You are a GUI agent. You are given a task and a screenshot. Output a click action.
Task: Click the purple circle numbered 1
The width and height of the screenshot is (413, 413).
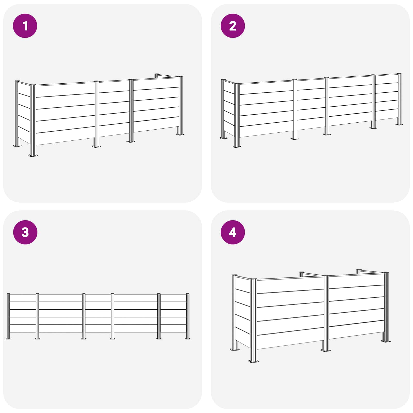(25, 26)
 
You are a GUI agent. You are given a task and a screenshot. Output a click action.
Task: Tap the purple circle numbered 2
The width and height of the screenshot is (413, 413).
(233, 26)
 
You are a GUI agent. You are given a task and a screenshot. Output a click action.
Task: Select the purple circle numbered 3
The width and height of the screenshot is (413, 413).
(25, 232)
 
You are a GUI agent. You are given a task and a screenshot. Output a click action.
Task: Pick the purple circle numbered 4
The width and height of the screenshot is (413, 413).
(233, 232)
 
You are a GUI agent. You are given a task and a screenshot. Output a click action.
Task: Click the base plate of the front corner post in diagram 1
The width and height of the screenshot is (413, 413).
(33, 155)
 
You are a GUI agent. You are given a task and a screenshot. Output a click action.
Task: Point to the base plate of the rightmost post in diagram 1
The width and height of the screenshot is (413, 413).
(180, 134)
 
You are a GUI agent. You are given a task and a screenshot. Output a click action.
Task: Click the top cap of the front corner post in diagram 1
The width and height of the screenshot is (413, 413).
(33, 85)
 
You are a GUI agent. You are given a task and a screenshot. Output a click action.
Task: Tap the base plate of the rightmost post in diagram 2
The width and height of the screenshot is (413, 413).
(399, 124)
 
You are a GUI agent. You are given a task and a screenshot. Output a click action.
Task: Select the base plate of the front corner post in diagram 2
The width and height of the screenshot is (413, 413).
(237, 146)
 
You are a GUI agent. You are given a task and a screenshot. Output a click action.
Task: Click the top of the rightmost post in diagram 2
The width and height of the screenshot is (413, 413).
(399, 74)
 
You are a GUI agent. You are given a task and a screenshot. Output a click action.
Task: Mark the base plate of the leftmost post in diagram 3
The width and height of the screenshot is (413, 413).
(8, 338)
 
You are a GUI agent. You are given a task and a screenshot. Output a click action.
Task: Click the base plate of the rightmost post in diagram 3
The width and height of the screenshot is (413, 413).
(187, 338)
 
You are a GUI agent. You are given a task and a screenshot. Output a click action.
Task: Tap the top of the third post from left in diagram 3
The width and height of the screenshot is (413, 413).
(84, 294)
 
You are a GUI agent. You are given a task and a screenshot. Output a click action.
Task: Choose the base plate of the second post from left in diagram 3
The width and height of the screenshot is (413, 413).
(37, 338)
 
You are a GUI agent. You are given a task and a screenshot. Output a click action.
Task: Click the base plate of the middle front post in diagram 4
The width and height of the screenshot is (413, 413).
(325, 350)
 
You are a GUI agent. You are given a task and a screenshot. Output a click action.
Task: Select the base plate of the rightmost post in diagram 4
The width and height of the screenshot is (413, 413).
(385, 341)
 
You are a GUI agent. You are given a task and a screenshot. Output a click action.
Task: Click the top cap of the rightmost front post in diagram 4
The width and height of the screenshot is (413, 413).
(386, 273)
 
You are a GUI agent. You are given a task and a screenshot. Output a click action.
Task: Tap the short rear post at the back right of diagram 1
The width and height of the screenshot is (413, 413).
(157, 75)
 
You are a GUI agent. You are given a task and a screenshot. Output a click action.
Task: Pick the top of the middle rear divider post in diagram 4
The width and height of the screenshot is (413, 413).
(302, 273)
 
